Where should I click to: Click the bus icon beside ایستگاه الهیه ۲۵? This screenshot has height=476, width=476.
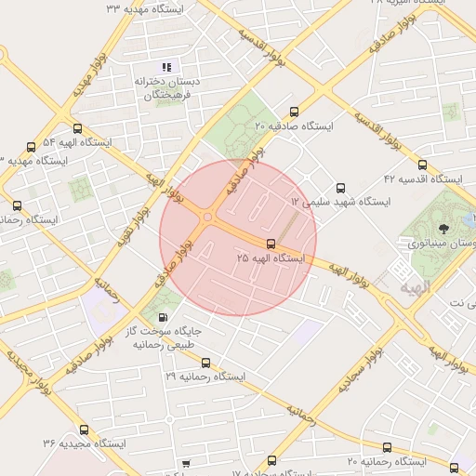coord(271,244)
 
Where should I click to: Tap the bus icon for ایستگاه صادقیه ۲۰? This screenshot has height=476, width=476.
coord(295,111)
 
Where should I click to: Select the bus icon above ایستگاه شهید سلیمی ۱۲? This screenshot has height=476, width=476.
coord(340,188)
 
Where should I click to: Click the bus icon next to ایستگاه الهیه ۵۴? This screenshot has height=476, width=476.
coord(77,129)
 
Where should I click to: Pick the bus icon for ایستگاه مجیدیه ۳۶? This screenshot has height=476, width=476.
coord(86,430)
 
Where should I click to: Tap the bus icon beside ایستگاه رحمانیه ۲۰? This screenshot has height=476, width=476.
coord(387,447)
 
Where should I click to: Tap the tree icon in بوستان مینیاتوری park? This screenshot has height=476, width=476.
coord(443,226)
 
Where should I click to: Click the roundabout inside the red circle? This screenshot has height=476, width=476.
coord(207,218)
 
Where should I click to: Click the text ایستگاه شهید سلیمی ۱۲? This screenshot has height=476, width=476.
coord(340,202)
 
